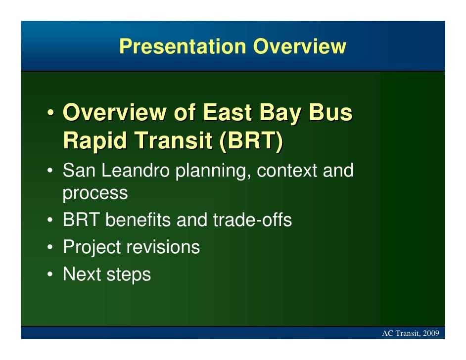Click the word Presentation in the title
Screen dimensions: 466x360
click(x=183, y=46)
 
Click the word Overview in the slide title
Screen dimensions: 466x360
click(x=300, y=46)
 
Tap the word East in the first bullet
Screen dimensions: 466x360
click(x=228, y=112)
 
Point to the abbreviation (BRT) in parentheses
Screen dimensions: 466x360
click(x=251, y=140)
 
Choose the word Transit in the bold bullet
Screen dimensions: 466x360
click(x=173, y=140)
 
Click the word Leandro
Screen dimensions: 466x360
click(x=136, y=170)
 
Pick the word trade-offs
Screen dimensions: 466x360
click(x=252, y=220)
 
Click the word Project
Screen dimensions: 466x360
click(x=92, y=248)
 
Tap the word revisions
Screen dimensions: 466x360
click(x=163, y=247)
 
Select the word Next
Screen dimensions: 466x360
click(x=82, y=274)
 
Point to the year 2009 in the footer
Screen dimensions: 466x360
click(x=431, y=333)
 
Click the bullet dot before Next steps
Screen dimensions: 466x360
click(x=50, y=274)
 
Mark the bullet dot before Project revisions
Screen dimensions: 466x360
click(x=50, y=247)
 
